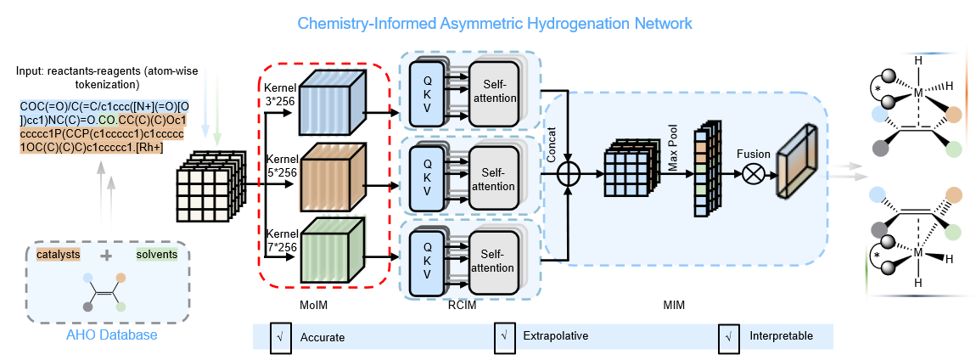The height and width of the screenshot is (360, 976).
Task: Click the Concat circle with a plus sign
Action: (568, 174)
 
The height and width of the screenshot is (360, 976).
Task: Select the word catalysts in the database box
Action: (56, 254)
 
